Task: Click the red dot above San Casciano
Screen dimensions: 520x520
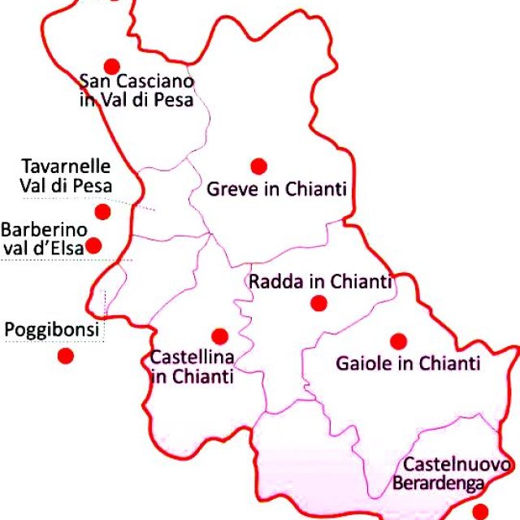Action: [112, 66]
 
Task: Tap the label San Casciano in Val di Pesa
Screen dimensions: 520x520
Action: [136, 91]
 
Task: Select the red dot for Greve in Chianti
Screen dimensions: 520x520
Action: [258, 166]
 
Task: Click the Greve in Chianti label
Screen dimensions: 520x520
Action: [277, 189]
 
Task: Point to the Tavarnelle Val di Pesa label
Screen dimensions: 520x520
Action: [65, 175]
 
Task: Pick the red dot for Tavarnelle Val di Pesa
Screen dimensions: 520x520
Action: [102, 212]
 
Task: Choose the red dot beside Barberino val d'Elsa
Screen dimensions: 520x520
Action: [94, 245]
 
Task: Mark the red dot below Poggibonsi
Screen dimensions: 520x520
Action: [66, 355]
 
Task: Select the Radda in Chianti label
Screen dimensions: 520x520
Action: [320, 282]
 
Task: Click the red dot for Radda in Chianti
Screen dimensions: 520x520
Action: [318, 303]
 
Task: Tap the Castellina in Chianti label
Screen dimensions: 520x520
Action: [193, 366]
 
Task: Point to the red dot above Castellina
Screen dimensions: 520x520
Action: [219, 336]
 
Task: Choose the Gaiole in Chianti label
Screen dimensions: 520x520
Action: [408, 363]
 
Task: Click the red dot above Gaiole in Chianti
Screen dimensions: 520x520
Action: [398, 341]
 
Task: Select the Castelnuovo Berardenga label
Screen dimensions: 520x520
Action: [457, 474]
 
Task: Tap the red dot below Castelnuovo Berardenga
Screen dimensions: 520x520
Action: [480, 511]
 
